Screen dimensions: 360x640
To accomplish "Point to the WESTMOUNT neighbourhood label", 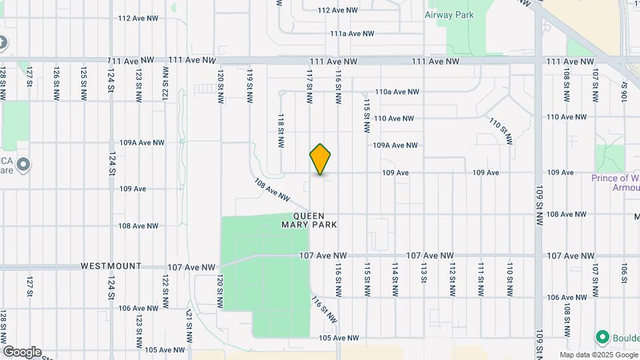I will pyautogui.click(x=111, y=266).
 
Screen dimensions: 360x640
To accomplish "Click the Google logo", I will pyautogui.click(x=22, y=352).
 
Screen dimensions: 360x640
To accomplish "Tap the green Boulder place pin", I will pyautogui.click(x=604, y=337).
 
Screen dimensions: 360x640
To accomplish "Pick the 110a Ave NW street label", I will pyautogui.click(x=397, y=92).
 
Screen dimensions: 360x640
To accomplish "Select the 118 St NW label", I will pyautogui.click(x=281, y=129).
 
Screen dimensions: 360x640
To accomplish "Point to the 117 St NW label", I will pyautogui.click(x=309, y=85).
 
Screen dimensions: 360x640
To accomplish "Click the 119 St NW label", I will pyautogui.click(x=250, y=85).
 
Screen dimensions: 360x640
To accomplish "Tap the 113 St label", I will pyautogui.click(x=423, y=273).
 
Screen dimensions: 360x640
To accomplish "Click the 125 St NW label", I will pyautogui.click(x=83, y=83).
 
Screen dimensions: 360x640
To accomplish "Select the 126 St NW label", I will pyautogui.click(x=57, y=83).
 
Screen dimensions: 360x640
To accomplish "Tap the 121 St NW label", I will pyautogui.click(x=189, y=323).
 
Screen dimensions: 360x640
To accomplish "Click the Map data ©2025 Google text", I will pyautogui.click(x=598, y=355).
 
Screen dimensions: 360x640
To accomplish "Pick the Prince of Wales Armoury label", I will pyautogui.click(x=615, y=183).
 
